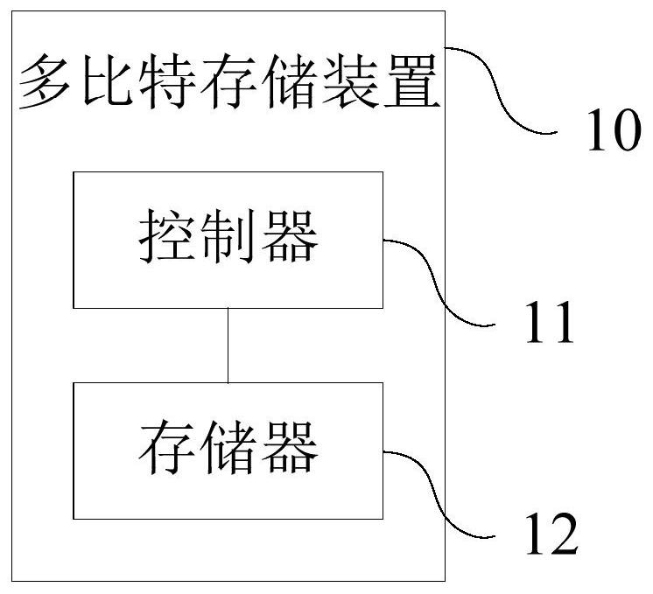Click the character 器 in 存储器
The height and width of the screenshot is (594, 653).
(x=289, y=448)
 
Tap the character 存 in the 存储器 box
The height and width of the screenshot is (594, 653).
(x=166, y=448)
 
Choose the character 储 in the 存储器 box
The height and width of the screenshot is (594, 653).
(x=228, y=448)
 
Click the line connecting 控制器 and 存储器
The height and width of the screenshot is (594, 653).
(x=228, y=345)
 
